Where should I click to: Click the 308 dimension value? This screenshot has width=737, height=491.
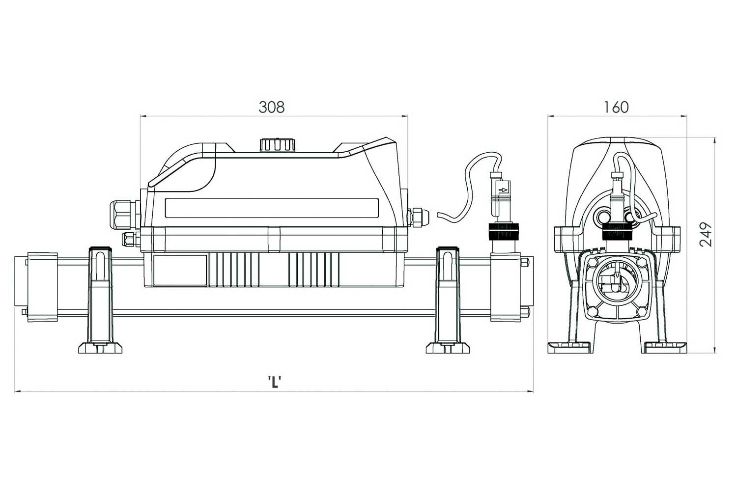tap(271, 107)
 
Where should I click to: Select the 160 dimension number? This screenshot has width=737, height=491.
tap(616, 107)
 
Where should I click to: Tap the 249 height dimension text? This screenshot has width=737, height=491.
tap(706, 235)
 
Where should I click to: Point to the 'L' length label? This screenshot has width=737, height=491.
tap(274, 382)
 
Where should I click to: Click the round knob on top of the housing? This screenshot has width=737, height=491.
tap(278, 145)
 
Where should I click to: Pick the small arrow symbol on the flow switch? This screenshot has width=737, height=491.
tap(503, 190)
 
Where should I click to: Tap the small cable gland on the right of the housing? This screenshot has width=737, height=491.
tap(418, 218)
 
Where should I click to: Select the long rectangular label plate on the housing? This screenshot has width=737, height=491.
tap(272, 208)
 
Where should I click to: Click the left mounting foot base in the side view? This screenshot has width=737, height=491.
tap(100, 348)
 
